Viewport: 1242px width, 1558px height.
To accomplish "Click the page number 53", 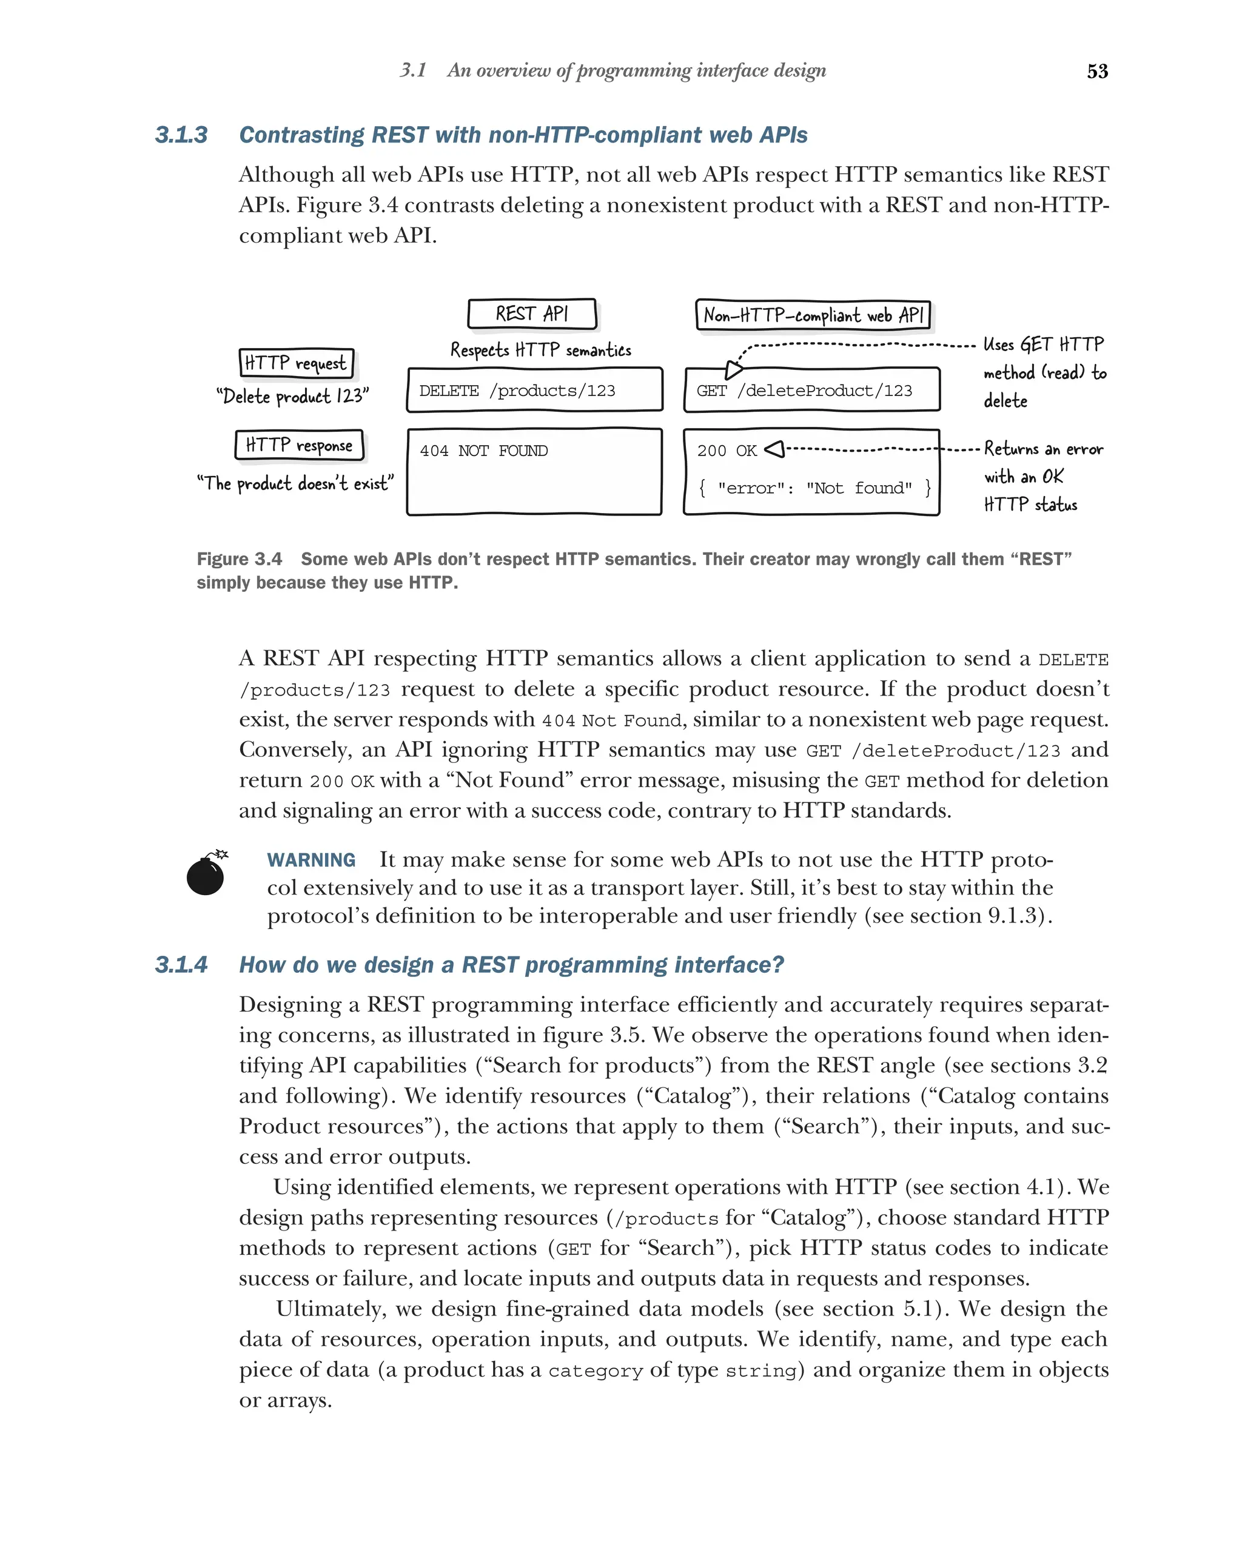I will [1097, 71].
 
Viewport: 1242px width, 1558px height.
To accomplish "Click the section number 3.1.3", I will [181, 135].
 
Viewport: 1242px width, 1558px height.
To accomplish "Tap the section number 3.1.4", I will [181, 965].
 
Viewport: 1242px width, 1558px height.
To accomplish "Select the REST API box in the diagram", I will [532, 314].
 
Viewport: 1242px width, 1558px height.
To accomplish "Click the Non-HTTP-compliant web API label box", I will [813, 315].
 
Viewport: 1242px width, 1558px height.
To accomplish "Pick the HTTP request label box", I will [296, 363].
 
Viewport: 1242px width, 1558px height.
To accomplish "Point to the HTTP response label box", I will [299, 445].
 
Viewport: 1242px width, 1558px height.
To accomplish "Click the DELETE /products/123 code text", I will [517, 391].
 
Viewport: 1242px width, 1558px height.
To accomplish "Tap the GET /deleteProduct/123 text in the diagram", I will [804, 391].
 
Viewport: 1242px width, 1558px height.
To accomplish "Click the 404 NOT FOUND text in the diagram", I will [483, 451].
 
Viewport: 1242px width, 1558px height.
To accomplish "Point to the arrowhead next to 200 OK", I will [774, 449].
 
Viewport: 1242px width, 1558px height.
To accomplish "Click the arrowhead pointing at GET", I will [733, 370].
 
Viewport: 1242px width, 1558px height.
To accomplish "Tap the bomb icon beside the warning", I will [206, 875].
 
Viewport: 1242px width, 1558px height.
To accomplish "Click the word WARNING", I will [310, 860].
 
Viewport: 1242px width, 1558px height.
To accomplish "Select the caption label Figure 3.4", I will [239, 559].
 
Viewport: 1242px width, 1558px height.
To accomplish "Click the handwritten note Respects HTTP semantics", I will [540, 351].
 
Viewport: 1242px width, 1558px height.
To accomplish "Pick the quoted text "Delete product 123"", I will [293, 397].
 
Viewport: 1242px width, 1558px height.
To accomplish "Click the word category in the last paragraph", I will [595, 1371].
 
